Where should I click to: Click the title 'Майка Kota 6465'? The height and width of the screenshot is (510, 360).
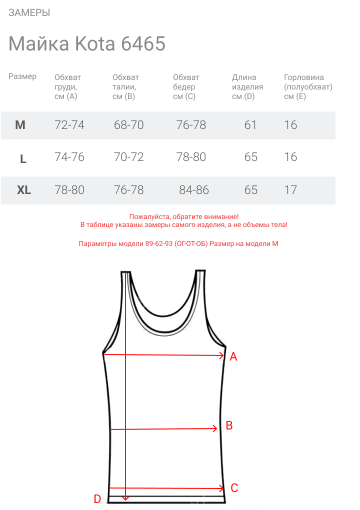click(87, 44)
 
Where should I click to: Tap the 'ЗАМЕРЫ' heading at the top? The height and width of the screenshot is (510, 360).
click(29, 13)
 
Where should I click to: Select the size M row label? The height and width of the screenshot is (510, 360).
click(20, 125)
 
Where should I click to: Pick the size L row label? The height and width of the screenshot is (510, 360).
click(23, 159)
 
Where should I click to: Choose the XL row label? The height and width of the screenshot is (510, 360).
click(24, 190)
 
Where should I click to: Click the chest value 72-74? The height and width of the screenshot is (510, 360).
click(69, 125)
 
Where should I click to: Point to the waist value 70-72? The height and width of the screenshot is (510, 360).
click(129, 157)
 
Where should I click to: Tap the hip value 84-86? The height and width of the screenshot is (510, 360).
click(194, 190)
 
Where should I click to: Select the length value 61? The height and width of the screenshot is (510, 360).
click(250, 125)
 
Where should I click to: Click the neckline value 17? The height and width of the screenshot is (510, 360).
click(290, 190)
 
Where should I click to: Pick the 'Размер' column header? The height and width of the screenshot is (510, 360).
click(22, 76)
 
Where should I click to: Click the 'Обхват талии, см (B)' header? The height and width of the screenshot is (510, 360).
click(125, 87)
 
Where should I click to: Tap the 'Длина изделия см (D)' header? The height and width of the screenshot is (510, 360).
click(247, 87)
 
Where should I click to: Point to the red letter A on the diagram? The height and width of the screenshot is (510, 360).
click(233, 357)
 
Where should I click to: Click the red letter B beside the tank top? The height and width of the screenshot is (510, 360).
click(229, 425)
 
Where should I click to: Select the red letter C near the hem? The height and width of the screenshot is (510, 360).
click(234, 488)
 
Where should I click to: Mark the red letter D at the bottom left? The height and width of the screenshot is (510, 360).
click(97, 499)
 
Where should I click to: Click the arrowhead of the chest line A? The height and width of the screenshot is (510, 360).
click(221, 355)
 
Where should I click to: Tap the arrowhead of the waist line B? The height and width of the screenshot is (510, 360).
click(215, 428)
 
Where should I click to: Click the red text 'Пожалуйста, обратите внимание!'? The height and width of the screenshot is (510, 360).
click(184, 216)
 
